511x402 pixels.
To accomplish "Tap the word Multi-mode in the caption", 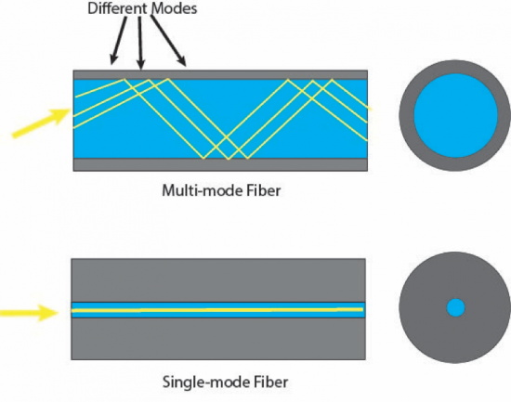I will click(196, 192).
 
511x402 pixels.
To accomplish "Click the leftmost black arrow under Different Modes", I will click(118, 45).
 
